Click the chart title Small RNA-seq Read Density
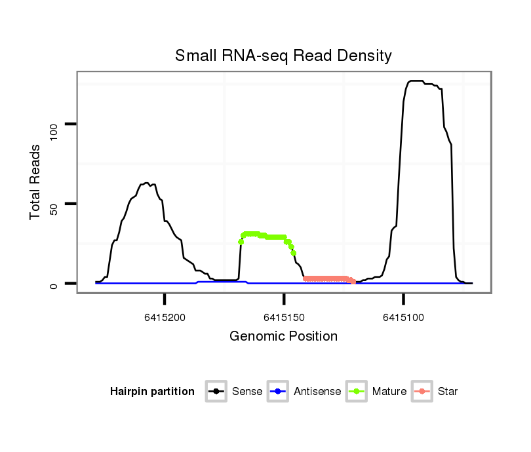[283, 56]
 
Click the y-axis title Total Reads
[35, 181]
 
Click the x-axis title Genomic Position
[283, 337]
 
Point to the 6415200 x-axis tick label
[165, 317]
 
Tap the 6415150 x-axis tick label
[283, 317]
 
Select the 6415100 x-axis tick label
[403, 317]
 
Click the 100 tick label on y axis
[54, 124]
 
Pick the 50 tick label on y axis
[54, 204]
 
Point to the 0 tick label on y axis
[54, 284]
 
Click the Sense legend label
[247, 392]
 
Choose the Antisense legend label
[317, 392]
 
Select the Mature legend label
[389, 392]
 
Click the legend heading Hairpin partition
[152, 392]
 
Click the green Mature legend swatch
[358, 392]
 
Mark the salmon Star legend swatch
[423, 392]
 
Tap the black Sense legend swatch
[218, 392]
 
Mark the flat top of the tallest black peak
[420, 81]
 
